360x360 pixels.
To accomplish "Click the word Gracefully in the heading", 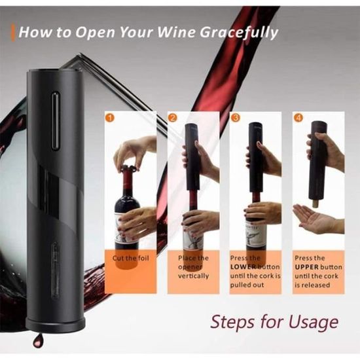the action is coord(238,33).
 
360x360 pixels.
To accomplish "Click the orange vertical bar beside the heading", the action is coord(12,33).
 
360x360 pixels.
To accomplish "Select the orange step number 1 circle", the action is coord(110,118).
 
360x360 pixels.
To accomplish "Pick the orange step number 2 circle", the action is coord(173,118).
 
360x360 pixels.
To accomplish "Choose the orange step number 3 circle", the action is coord(235,118).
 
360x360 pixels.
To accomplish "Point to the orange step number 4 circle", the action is coord(298,118).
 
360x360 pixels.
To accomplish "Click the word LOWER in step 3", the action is coord(243,267).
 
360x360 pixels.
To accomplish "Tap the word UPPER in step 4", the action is coord(307,267).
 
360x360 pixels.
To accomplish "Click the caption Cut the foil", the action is coord(131,259).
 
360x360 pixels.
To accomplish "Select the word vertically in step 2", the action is coord(193,276).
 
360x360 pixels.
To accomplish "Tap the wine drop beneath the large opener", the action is coord(39,341).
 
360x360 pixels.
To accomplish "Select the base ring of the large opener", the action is coord(56,323).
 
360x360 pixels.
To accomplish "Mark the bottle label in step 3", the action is coord(255,236).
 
